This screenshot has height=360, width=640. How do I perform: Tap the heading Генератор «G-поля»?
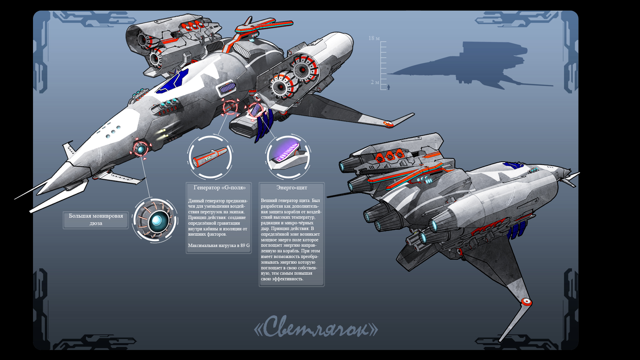click(x=219, y=188)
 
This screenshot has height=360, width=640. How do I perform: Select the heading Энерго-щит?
click(x=292, y=188)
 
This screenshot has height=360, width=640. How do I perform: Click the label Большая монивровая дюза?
click(x=96, y=220)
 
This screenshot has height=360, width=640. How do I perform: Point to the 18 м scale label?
click(x=374, y=38)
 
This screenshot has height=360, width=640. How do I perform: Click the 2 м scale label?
click(x=375, y=82)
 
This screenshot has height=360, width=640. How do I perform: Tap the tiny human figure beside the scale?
click(x=389, y=87)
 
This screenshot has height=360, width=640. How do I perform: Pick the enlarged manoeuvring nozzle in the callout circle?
click(x=155, y=221)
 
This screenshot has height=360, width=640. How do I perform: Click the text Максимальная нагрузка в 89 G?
click(x=219, y=246)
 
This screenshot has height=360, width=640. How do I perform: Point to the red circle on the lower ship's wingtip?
click(x=527, y=302)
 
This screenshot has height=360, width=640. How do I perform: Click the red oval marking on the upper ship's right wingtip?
click(x=388, y=124)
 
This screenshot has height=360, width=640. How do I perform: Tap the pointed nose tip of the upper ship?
click(x=17, y=199)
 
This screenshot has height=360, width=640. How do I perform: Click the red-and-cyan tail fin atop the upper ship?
click(x=263, y=26)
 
